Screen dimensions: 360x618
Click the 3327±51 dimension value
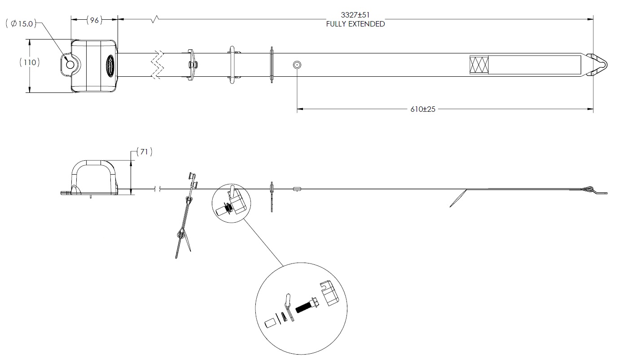click(355, 15)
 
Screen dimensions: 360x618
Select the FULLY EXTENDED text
click(355, 24)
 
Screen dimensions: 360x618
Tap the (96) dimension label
click(94, 20)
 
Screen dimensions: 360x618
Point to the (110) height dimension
click(30, 62)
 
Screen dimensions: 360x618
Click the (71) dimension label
click(144, 152)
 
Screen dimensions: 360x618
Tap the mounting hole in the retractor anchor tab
click(70, 65)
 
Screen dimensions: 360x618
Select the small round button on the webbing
click(297, 65)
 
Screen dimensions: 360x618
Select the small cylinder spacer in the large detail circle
click(270, 323)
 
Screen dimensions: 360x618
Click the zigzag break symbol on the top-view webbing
click(158, 65)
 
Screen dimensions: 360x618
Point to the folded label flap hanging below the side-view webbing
click(458, 198)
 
